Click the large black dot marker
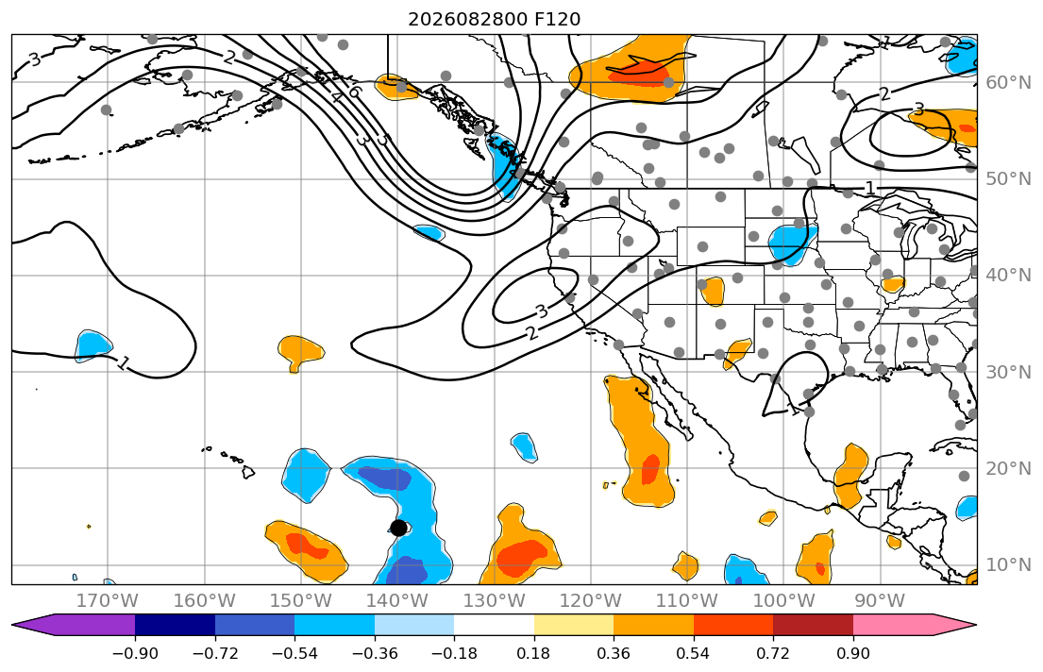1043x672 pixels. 398,528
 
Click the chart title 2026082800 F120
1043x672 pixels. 495,19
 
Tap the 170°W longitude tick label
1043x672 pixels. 108,601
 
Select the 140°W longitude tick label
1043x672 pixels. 397,601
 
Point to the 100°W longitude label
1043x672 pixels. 784,601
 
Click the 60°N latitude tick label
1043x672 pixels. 1008,82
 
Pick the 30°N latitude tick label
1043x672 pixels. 1008,372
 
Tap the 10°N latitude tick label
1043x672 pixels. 1008,565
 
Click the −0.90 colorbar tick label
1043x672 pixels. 135,653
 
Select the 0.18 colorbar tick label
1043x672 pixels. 534,653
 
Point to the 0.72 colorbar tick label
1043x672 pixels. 773,653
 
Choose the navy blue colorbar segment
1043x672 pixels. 175,625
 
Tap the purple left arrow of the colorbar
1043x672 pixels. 74,625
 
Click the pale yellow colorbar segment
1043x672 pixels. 573,625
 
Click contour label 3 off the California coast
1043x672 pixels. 542,311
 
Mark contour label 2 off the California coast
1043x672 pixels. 531,332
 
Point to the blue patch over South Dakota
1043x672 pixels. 792,244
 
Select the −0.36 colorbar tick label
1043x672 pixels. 375,653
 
